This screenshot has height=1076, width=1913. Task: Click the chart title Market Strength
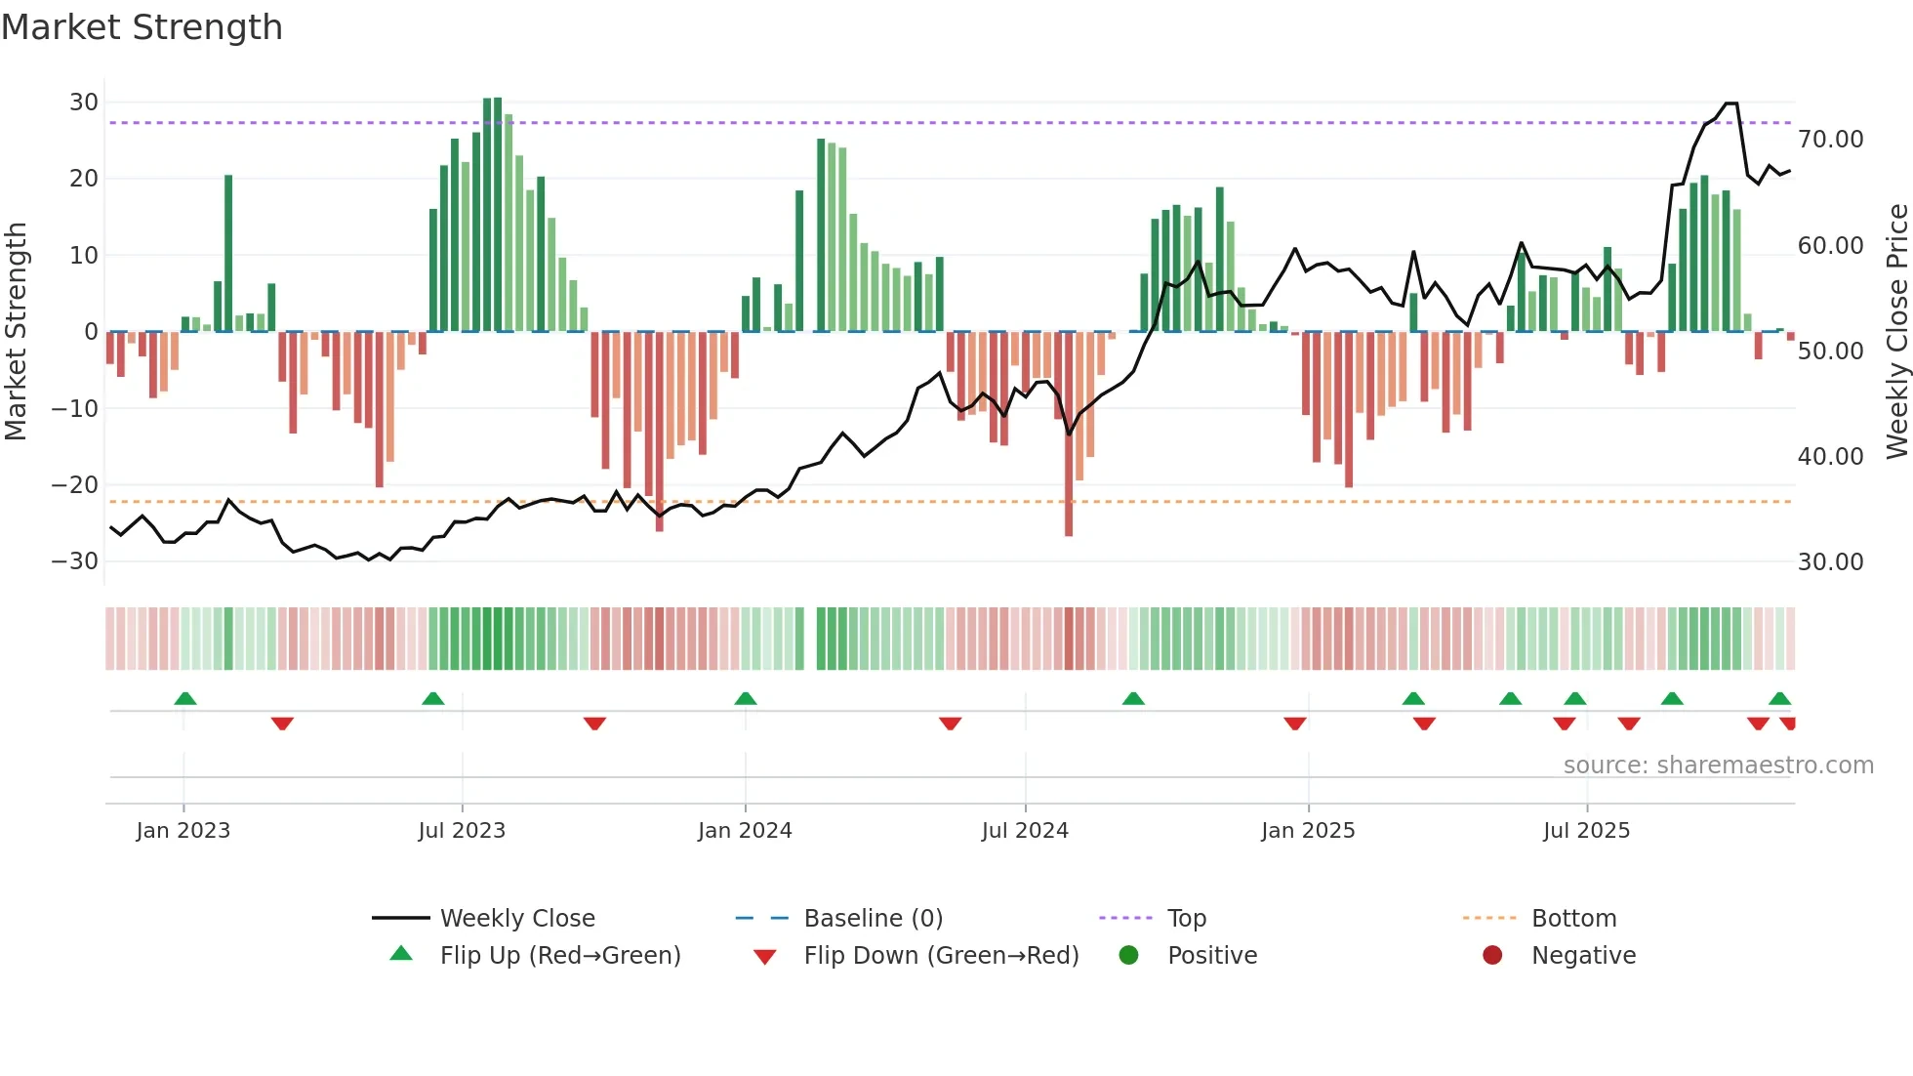tap(142, 27)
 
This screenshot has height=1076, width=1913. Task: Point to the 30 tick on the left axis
tap(84, 103)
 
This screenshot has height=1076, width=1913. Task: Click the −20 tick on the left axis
tap(75, 485)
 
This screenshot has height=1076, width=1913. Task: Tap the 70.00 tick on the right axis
tap(1830, 140)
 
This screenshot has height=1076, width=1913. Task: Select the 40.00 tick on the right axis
tap(1830, 457)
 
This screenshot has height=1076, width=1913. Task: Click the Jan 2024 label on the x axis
tap(745, 831)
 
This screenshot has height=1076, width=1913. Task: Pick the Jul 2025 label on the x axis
tap(1586, 831)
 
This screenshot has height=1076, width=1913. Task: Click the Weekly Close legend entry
tap(516, 919)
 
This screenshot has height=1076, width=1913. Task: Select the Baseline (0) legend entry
tap(873, 919)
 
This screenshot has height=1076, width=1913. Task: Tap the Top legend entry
tap(1186, 919)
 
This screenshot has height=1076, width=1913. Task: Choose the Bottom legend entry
tap(1573, 919)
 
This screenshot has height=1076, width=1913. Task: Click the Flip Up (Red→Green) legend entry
tap(559, 956)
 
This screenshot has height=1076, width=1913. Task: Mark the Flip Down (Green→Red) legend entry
tap(941, 956)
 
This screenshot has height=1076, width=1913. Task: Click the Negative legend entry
tap(1582, 956)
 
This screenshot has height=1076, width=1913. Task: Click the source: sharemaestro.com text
tap(1718, 766)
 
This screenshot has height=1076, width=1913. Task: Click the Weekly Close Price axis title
tap(1896, 332)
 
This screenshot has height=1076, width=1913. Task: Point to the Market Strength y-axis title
tap(16, 332)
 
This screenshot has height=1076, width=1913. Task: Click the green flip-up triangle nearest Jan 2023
tap(185, 698)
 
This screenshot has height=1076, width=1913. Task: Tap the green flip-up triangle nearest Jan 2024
tap(746, 698)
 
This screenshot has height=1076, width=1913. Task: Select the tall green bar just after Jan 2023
tap(228, 254)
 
